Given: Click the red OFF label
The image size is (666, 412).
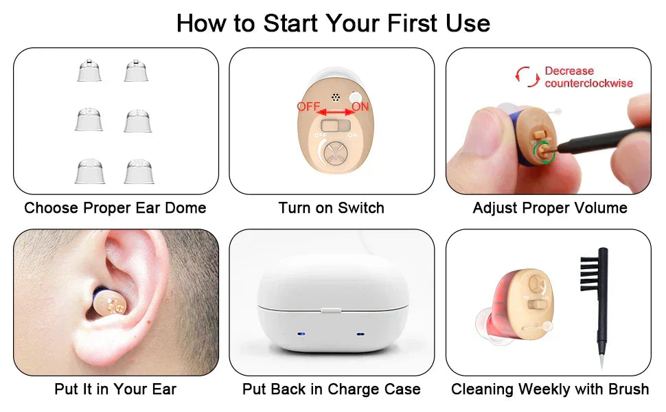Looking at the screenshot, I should tap(308, 106).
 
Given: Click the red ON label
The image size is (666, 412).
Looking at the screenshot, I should tap(360, 106).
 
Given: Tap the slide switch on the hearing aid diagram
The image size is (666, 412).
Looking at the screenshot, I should tap(335, 126).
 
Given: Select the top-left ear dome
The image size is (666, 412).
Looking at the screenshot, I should tap(89, 71).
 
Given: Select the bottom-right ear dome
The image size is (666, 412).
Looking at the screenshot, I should tap(138, 172).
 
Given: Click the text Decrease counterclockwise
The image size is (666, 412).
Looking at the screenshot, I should tap(588, 77).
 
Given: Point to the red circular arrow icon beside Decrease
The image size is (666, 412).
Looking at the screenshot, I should tap(527, 76).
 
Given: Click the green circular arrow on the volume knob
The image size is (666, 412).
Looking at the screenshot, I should tap(543, 152).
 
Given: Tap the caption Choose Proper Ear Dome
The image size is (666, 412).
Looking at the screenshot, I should tap(115, 207).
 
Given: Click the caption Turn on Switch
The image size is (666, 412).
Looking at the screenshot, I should tap(332, 207).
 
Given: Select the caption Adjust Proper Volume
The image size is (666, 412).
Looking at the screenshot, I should tap(550, 207).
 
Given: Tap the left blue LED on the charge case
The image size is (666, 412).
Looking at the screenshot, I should tap(301, 334).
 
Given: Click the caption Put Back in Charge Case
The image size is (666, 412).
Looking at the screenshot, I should tap(332, 389).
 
